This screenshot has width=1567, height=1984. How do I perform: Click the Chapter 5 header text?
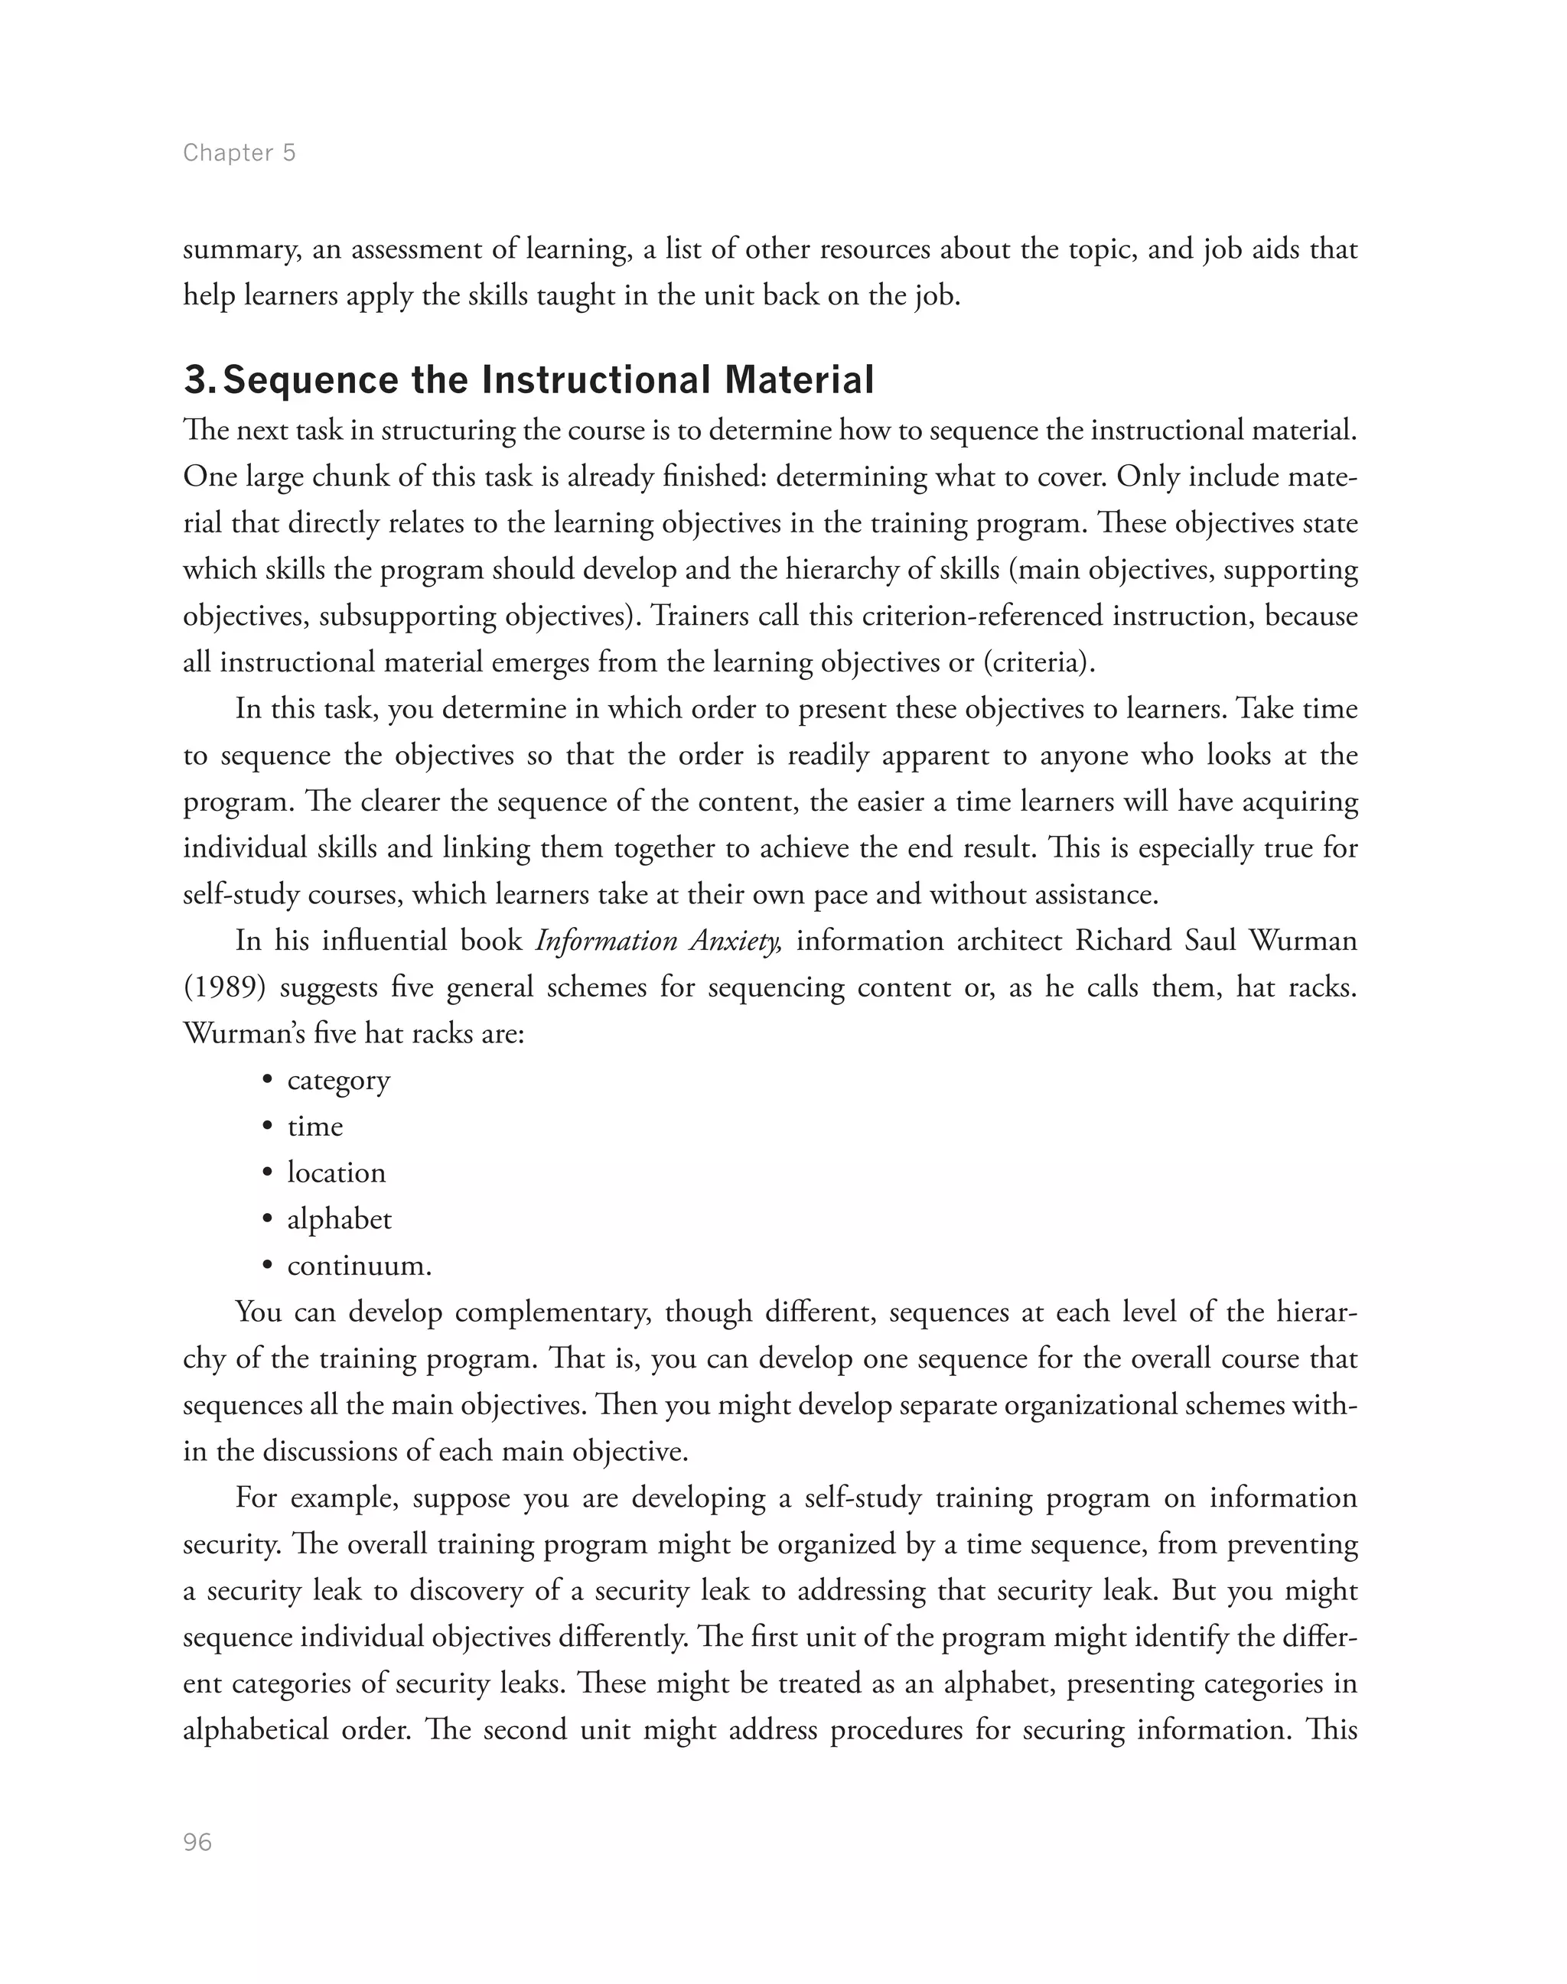(x=239, y=152)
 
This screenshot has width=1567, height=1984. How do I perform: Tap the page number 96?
(x=197, y=1843)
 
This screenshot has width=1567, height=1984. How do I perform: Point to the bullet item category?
(x=338, y=1081)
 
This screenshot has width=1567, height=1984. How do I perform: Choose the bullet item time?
(x=314, y=1127)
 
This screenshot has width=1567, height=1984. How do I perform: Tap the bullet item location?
(x=336, y=1173)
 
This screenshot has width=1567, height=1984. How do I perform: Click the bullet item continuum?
(x=359, y=1267)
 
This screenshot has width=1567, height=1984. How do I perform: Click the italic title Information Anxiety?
(x=658, y=941)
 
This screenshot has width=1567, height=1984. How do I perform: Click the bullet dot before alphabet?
(x=267, y=1220)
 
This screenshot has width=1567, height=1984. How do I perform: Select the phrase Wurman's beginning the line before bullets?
(x=239, y=1034)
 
